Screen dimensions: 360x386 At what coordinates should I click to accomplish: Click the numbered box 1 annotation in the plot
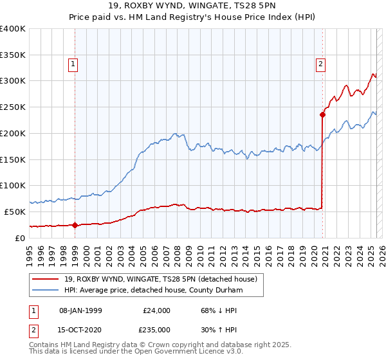[x=73, y=64]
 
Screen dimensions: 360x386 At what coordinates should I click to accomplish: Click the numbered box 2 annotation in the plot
[x=320, y=64]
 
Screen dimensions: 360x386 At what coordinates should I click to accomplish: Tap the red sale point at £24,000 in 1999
[x=75, y=225]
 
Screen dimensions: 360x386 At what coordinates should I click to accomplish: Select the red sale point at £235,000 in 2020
[x=322, y=114]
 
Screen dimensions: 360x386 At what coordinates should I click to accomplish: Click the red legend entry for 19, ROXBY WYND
[x=161, y=279]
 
